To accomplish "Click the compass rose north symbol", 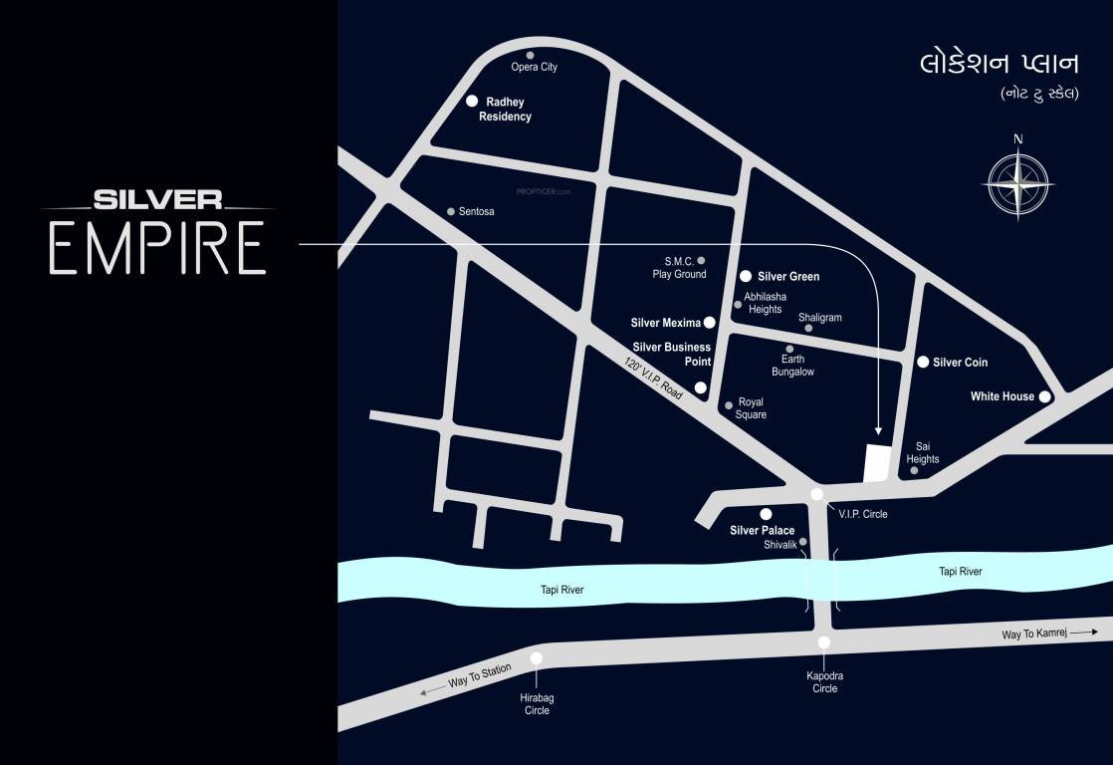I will pyautogui.click(x=1017, y=182).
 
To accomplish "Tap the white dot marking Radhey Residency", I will pyautogui.click(x=473, y=102).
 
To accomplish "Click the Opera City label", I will pyautogui.click(x=534, y=67).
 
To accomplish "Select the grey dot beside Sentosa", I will pyautogui.click(x=451, y=211).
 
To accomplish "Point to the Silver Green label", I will pyautogui.click(x=788, y=277).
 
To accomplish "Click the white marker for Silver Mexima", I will pyautogui.click(x=710, y=323).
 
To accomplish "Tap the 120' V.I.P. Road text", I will pyautogui.click(x=654, y=380).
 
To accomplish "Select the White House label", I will pyautogui.click(x=1002, y=396).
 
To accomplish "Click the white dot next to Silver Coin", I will pyautogui.click(x=923, y=362).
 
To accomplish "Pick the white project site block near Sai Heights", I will pyautogui.click(x=875, y=464).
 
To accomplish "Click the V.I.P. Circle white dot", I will pyautogui.click(x=817, y=494).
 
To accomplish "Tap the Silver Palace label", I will pyautogui.click(x=762, y=531).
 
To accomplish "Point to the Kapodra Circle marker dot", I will pyautogui.click(x=824, y=642).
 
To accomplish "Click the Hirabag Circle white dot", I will pyautogui.click(x=537, y=658).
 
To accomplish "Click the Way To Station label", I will pyautogui.click(x=479, y=675).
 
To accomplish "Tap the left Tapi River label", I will pyautogui.click(x=561, y=590).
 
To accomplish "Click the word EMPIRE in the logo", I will pyautogui.click(x=158, y=249).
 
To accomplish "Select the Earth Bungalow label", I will pyautogui.click(x=792, y=366).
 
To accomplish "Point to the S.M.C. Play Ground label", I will pyautogui.click(x=679, y=267).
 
